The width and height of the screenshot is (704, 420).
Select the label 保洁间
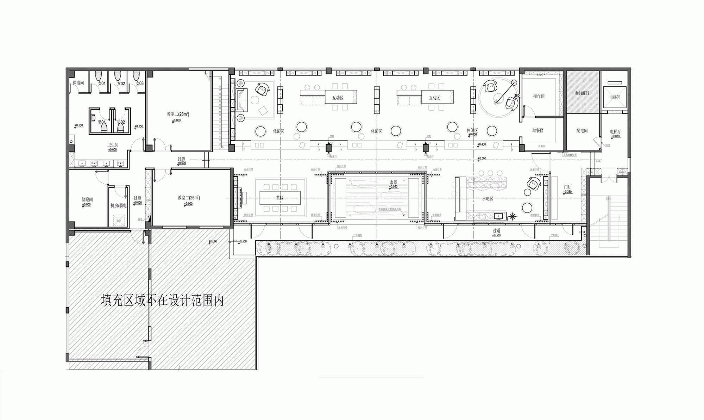coord(78,83)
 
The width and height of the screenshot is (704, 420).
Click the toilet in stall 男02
coord(121,127)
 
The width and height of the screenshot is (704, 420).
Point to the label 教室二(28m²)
coord(178,114)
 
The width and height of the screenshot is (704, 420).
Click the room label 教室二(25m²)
coord(189,198)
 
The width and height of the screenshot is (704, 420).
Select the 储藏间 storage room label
coord(87,199)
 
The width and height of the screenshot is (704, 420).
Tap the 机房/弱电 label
coord(118,205)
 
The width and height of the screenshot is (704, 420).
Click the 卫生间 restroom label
coord(113,145)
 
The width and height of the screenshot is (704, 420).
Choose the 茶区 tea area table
coord(280,198)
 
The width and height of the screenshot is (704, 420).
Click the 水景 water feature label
coord(393,182)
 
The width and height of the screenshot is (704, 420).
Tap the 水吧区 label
coord(488,199)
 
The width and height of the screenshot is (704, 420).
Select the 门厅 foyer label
coord(567,187)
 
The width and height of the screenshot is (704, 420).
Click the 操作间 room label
coord(539,96)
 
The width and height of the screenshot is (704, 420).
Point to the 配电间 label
coord(582,131)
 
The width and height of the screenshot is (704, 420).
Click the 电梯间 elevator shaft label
coord(615,97)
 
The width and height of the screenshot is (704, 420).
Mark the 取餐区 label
coord(538,130)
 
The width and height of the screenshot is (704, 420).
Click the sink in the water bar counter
coord(498,216)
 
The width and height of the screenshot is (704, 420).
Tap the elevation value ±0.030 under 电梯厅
coord(615,136)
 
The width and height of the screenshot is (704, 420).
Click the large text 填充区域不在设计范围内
coord(162,300)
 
